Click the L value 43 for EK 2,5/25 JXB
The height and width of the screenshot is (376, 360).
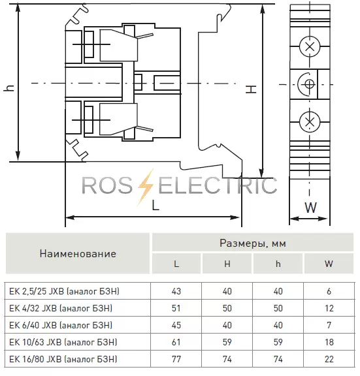point(176,291)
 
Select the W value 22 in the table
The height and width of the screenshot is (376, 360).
point(329,359)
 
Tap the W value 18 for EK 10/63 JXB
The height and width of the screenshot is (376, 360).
point(329,342)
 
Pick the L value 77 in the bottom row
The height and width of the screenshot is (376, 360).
point(176,359)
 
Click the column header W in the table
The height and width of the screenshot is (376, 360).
point(329,264)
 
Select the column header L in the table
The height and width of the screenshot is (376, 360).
point(176,264)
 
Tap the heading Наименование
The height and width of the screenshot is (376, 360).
point(78,253)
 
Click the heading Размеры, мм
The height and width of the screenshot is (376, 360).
point(253,243)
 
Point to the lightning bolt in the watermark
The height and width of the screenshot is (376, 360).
point(146,187)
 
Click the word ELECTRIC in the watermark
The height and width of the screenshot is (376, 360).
point(218,185)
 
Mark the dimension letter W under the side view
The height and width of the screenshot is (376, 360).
point(310,208)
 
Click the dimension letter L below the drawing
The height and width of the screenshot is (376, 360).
point(155,206)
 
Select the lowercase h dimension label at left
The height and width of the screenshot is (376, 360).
point(9,88)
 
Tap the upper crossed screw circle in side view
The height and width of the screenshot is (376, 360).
point(310,46)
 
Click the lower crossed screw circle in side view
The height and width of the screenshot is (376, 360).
point(310,122)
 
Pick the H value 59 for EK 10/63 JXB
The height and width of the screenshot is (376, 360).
point(227,342)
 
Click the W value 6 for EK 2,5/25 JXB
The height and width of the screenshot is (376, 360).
point(329,291)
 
